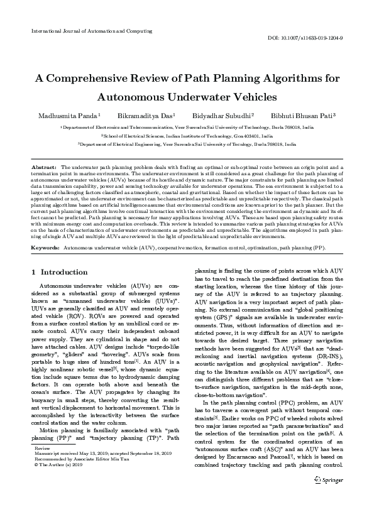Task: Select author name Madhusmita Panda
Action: click(x=67, y=116)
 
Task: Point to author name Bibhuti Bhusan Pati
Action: click(x=302, y=116)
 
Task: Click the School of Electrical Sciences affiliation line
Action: click(x=187, y=135)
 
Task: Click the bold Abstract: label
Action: click(x=44, y=168)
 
